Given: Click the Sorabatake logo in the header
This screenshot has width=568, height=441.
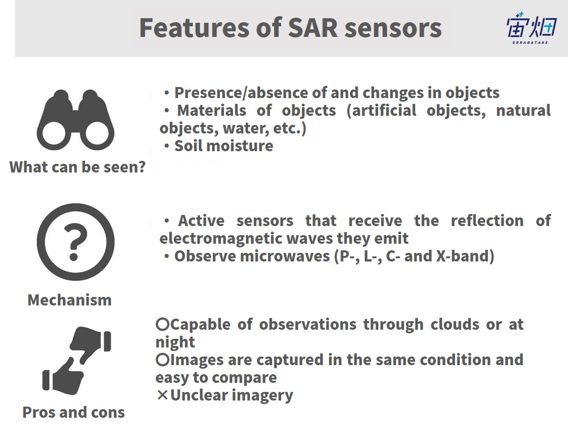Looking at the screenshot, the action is pyautogui.click(x=531, y=28).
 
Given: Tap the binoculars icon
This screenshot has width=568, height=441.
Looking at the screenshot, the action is pyautogui.click(x=75, y=120).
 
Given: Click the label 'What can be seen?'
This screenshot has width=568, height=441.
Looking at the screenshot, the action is pyautogui.click(x=78, y=167).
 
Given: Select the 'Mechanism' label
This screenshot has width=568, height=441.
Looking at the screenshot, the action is pyautogui.click(x=69, y=300).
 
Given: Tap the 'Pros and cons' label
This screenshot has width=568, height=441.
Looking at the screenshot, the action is pyautogui.click(x=73, y=412).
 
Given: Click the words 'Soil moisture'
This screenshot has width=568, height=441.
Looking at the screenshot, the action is pyautogui.click(x=224, y=146).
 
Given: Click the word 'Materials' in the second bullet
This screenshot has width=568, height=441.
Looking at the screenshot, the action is pyautogui.click(x=212, y=111).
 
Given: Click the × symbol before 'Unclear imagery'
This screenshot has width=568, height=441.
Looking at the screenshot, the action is pyautogui.click(x=163, y=395).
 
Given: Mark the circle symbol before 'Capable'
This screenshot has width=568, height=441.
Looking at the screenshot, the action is pyautogui.click(x=163, y=324).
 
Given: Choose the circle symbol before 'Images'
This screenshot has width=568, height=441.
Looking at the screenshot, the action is pyautogui.click(x=163, y=360).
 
